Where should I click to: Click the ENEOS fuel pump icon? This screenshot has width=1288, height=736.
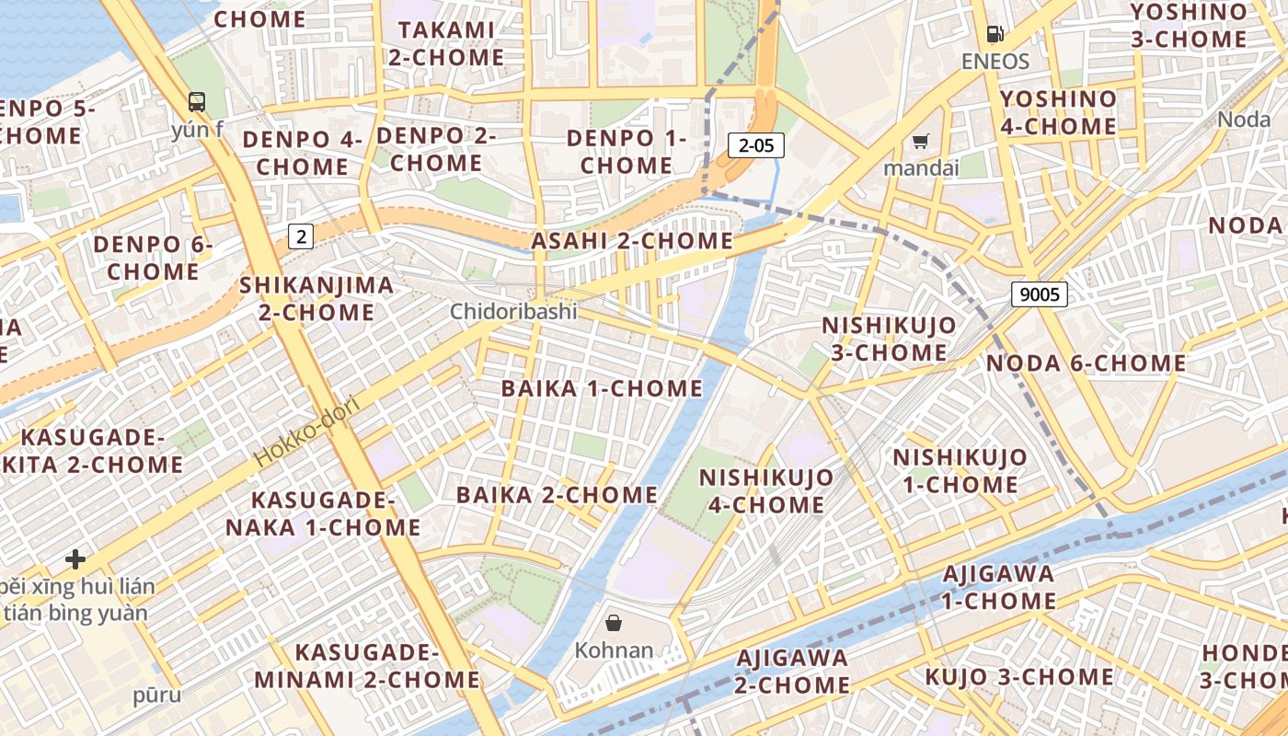(995, 35)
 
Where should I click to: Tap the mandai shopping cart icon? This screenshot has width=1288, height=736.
(920, 141)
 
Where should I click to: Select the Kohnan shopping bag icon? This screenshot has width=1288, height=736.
(614, 623)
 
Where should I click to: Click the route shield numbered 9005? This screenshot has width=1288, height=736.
(1039, 294)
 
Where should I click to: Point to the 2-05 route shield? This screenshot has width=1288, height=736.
(755, 144)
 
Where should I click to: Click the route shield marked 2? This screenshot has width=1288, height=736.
(301, 236)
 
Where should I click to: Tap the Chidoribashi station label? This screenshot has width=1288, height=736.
(513, 312)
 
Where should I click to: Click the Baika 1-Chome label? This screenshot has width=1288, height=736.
(602, 388)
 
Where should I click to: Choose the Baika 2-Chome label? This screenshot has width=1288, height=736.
(557, 495)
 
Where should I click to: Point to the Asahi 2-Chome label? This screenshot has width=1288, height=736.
(632, 241)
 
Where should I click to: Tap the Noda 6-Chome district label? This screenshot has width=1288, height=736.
(1086, 363)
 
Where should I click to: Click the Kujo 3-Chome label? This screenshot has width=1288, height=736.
(1018, 677)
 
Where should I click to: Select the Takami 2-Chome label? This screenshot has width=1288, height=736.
(446, 43)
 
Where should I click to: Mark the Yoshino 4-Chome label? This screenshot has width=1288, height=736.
(1058, 112)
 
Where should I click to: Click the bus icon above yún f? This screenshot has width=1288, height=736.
(197, 101)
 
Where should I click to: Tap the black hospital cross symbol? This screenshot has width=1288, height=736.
(75, 558)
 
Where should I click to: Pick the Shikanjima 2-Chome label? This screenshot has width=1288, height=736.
(316, 298)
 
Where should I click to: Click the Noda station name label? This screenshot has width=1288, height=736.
(1244, 120)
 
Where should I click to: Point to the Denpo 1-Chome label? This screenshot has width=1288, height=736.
(627, 152)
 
